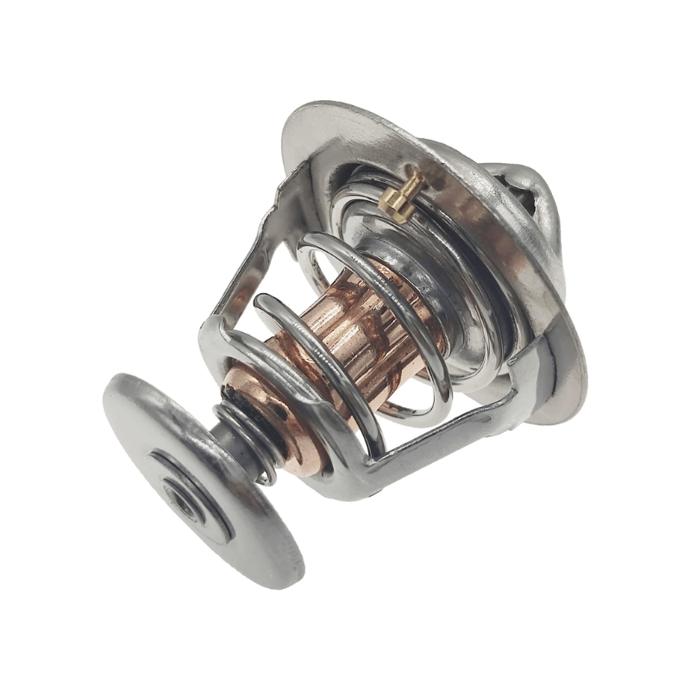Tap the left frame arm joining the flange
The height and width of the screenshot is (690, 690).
pos(259,250)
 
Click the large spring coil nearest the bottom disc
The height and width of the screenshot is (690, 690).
pos(319,362)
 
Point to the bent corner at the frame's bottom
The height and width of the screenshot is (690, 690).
pos(362,483)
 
